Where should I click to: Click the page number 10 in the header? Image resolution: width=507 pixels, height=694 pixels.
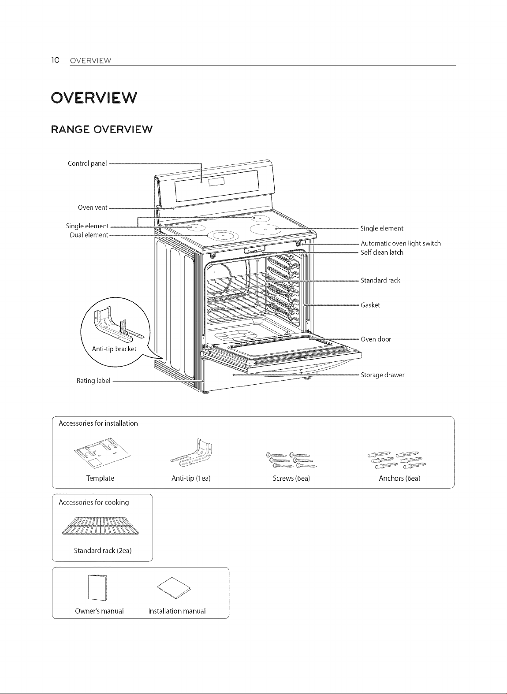click(x=55, y=60)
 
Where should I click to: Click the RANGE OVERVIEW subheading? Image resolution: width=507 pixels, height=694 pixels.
click(x=102, y=129)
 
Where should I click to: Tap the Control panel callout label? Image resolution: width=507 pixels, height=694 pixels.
click(x=87, y=163)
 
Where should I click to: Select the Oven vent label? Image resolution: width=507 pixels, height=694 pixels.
click(x=92, y=207)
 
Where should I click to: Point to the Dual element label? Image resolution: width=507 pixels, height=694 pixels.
click(x=89, y=235)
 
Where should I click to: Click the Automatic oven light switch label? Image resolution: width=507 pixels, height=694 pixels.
click(x=400, y=244)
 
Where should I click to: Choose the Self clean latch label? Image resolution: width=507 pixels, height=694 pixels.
click(x=382, y=252)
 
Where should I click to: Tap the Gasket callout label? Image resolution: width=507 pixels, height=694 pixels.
click(x=370, y=305)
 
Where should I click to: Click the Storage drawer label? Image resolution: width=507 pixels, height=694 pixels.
click(x=382, y=375)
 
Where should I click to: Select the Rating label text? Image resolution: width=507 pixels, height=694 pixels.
click(x=93, y=380)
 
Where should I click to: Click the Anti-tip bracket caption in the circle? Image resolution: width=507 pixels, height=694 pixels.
click(x=114, y=349)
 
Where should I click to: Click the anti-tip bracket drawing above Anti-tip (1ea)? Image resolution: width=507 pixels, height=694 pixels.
click(x=192, y=453)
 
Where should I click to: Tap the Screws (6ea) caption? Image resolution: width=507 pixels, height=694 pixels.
click(x=291, y=478)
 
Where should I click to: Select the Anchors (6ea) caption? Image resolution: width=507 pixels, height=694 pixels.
click(x=399, y=478)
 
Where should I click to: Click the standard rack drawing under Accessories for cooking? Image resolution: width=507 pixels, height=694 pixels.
click(x=101, y=526)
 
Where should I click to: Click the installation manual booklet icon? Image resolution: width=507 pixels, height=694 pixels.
click(x=174, y=588)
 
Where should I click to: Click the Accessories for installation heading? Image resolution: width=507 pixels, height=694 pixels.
click(x=98, y=423)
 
